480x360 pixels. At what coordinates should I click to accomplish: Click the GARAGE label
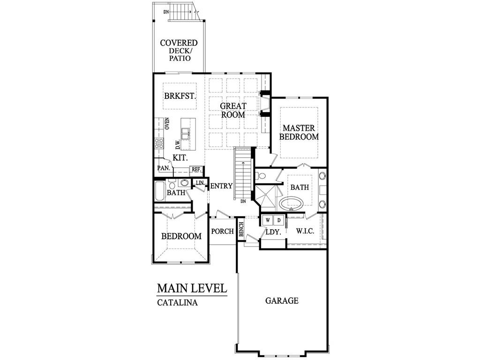(282, 300)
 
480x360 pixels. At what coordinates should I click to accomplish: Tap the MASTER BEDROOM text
(300, 132)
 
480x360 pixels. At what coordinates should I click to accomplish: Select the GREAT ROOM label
(233, 110)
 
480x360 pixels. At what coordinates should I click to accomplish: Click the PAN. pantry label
(163, 168)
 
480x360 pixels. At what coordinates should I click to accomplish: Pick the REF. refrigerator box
(195, 170)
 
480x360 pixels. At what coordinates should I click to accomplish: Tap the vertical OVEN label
(167, 123)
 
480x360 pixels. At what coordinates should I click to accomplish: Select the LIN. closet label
(200, 182)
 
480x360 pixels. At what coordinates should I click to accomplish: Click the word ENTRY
(221, 186)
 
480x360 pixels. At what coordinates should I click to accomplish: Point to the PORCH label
(222, 232)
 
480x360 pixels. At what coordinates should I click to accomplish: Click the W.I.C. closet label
(305, 232)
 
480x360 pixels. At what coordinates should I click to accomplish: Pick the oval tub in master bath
(291, 203)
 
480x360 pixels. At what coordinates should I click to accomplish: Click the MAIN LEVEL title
(192, 287)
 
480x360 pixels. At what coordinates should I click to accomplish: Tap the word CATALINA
(177, 302)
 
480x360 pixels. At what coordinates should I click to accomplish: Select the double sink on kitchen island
(186, 134)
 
